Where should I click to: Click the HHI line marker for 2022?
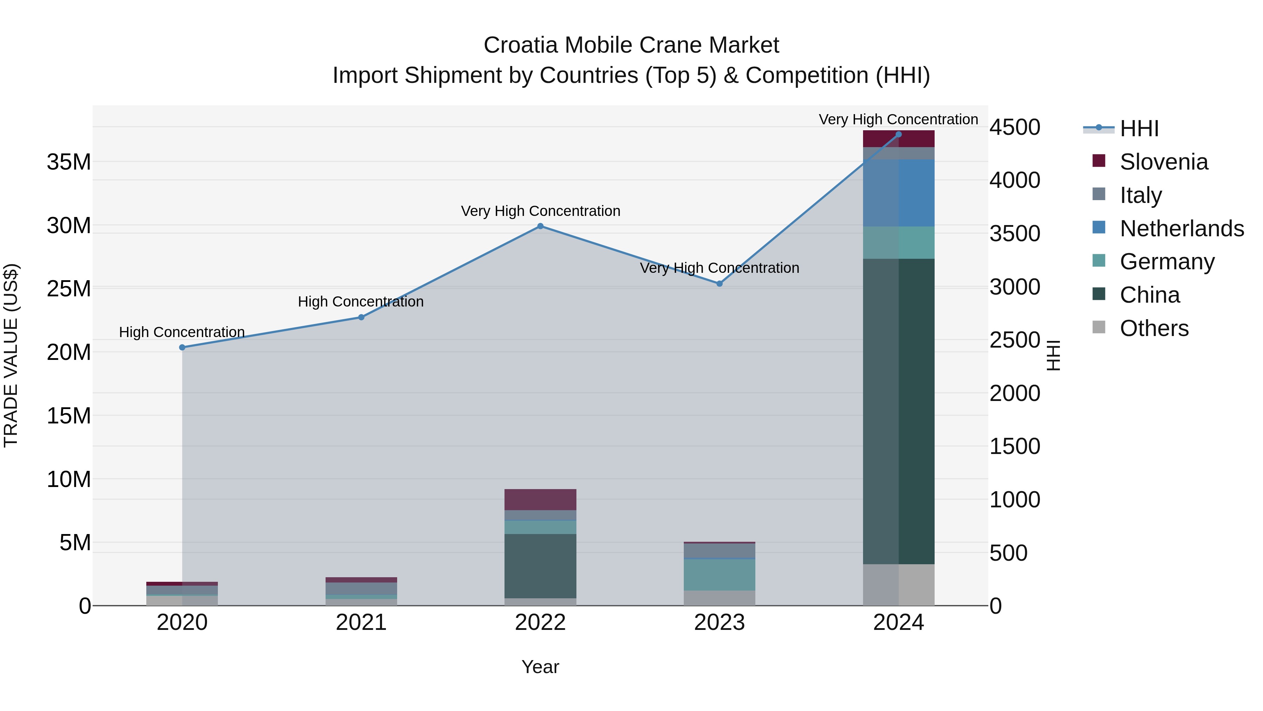click(540, 226)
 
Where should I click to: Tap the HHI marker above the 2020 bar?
click(182, 347)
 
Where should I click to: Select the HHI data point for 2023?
click(719, 284)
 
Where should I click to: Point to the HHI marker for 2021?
click(361, 317)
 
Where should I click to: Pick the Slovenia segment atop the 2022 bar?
click(540, 500)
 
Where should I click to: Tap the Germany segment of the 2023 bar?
click(719, 574)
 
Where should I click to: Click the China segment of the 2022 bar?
click(540, 566)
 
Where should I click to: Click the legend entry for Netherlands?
click(1182, 229)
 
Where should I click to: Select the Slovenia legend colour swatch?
click(1099, 161)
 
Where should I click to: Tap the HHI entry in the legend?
click(1139, 129)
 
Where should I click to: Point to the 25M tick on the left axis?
click(69, 289)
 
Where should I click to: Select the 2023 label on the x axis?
click(719, 623)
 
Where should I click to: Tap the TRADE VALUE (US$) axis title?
click(11, 355)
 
